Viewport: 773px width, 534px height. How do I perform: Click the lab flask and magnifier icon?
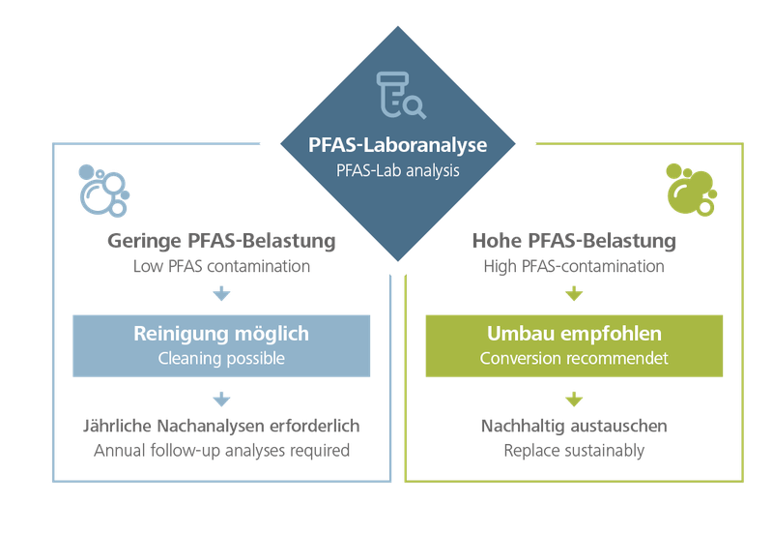[397, 95]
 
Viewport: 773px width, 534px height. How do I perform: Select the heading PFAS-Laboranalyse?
[397, 147]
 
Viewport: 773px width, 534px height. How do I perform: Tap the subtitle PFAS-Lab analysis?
[397, 171]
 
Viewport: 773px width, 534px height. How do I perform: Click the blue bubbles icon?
[102, 190]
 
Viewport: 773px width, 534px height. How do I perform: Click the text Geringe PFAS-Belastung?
[222, 240]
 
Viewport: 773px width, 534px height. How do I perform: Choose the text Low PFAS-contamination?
[222, 266]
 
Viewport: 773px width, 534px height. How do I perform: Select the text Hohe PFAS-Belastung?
[574, 240]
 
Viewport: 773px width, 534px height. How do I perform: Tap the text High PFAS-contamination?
[574, 266]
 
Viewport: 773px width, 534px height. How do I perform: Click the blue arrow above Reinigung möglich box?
[222, 295]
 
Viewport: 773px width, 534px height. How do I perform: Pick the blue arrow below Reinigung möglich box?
[222, 399]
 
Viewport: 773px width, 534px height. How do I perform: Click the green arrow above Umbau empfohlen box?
[574, 295]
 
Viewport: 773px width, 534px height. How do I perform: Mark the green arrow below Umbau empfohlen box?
[574, 399]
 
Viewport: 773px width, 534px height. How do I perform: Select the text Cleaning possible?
[222, 358]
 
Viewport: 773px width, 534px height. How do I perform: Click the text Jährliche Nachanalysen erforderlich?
[222, 427]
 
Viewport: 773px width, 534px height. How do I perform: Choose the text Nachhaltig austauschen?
[574, 427]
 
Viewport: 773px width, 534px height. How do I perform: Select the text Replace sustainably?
[574, 451]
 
